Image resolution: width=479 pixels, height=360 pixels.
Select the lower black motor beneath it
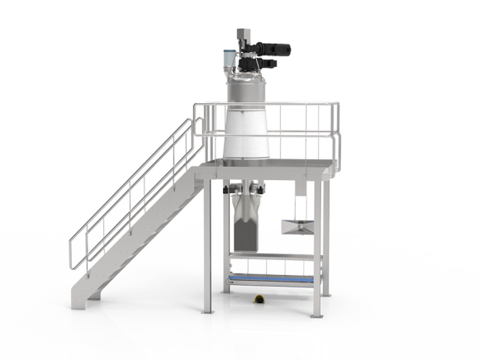270,63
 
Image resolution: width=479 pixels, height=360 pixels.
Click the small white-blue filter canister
227,58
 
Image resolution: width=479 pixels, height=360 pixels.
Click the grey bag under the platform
247,227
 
